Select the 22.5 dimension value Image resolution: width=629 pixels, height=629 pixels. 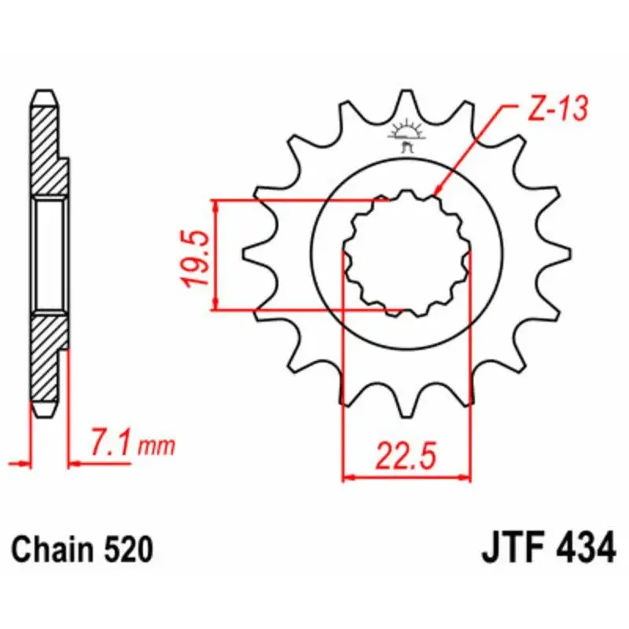406,455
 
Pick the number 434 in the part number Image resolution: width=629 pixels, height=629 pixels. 585,548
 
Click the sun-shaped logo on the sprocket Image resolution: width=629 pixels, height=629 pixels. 406,134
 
